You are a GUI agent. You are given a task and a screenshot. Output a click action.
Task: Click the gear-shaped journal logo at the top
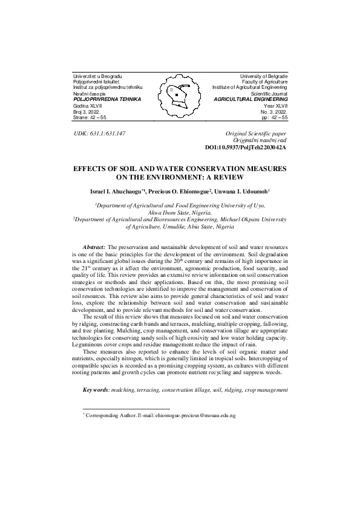(x=179, y=93)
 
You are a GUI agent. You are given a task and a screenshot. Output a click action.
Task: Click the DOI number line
(x=246, y=146)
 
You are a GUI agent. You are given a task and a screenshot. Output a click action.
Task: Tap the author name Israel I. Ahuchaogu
(x=116, y=190)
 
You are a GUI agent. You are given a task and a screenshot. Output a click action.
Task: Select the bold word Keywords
(x=96, y=391)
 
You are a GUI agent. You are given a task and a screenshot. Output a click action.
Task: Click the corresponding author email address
(x=195, y=417)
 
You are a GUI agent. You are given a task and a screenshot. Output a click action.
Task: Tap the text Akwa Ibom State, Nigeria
(x=180, y=213)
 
